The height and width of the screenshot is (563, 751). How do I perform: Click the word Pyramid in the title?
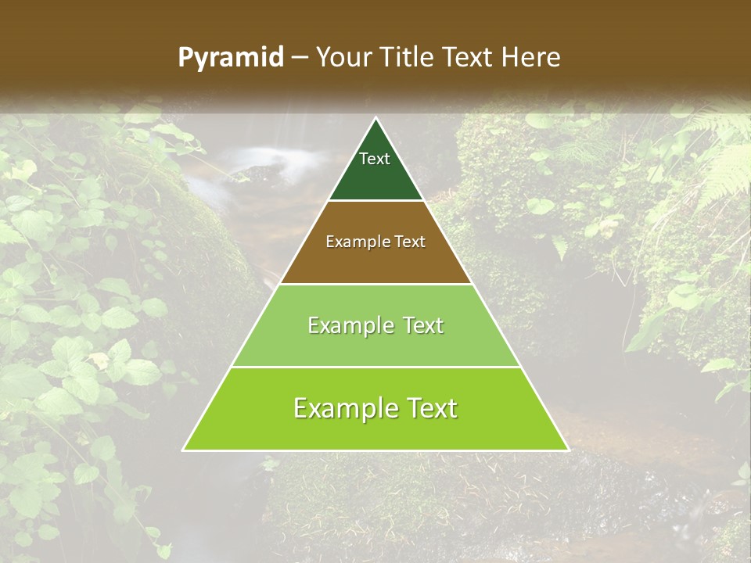pos(231,58)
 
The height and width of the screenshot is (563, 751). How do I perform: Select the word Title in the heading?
pos(411,57)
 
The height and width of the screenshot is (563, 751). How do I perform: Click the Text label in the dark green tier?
pos(375,159)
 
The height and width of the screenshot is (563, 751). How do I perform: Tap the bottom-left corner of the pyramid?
pos(184,450)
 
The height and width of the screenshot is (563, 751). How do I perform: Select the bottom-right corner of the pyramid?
pos(568,450)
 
